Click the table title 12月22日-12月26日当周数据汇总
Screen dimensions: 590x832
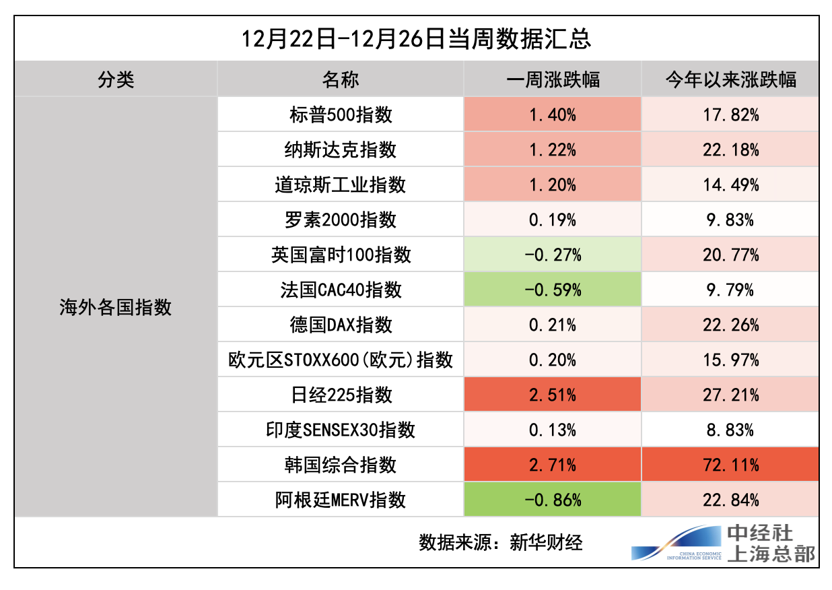click(x=416, y=39)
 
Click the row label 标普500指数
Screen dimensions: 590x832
click(x=341, y=114)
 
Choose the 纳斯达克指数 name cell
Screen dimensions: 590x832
click(x=341, y=150)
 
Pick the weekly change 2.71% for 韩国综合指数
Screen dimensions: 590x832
click(x=552, y=465)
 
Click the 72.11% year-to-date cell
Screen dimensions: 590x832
click(x=730, y=465)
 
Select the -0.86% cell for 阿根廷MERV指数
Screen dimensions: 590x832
click(x=552, y=500)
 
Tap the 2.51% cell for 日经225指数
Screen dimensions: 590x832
click(x=552, y=395)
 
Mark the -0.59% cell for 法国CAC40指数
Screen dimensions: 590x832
click(x=552, y=290)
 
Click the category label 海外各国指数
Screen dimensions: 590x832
click(x=116, y=308)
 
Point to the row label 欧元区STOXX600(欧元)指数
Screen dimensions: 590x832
click(x=341, y=360)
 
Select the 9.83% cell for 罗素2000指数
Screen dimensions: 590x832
click(x=730, y=220)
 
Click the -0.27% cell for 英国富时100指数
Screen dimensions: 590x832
click(x=552, y=255)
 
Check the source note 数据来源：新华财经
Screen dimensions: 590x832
click(x=500, y=542)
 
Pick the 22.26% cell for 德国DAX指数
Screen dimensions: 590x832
click(x=730, y=325)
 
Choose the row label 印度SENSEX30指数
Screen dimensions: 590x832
click(x=341, y=430)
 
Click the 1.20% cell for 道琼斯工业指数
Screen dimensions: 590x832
click(x=552, y=185)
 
